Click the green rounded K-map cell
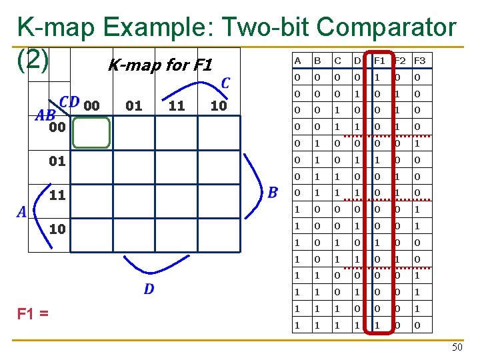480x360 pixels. pos(91,132)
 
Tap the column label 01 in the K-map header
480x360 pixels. pos(134,105)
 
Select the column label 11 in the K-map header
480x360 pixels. pos(177,105)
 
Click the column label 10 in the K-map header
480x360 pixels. pos(218,105)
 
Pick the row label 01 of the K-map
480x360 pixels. pos(58,161)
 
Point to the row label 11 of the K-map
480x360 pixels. pos(58,195)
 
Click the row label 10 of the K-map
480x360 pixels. pos(58,229)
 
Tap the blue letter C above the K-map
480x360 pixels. pos(225,83)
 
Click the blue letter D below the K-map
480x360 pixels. pos(149,289)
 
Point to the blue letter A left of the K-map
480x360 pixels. pos(22,212)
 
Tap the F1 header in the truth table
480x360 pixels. pos(379,61)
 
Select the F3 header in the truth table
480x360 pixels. pos(419,61)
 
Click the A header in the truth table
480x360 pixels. pos(297,61)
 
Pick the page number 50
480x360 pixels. pos(457,347)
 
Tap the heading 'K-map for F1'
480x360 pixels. pos(159,65)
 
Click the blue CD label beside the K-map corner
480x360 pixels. pos(69,102)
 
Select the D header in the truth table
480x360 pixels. pos(357,61)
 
